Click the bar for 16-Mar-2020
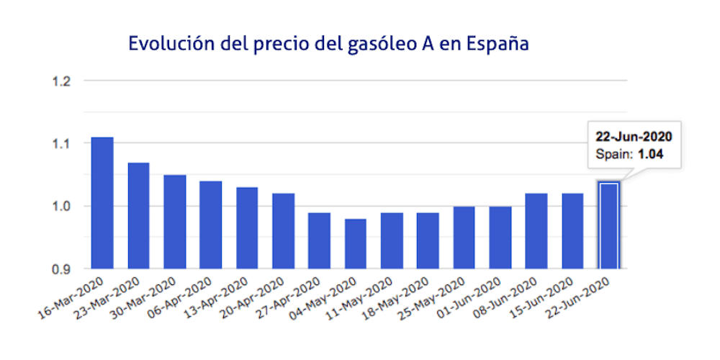tap(102, 203)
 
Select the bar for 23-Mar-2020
tap(138, 216)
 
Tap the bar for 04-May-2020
tap(355, 244)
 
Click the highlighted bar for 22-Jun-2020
tap(608, 225)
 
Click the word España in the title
tap(498, 43)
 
